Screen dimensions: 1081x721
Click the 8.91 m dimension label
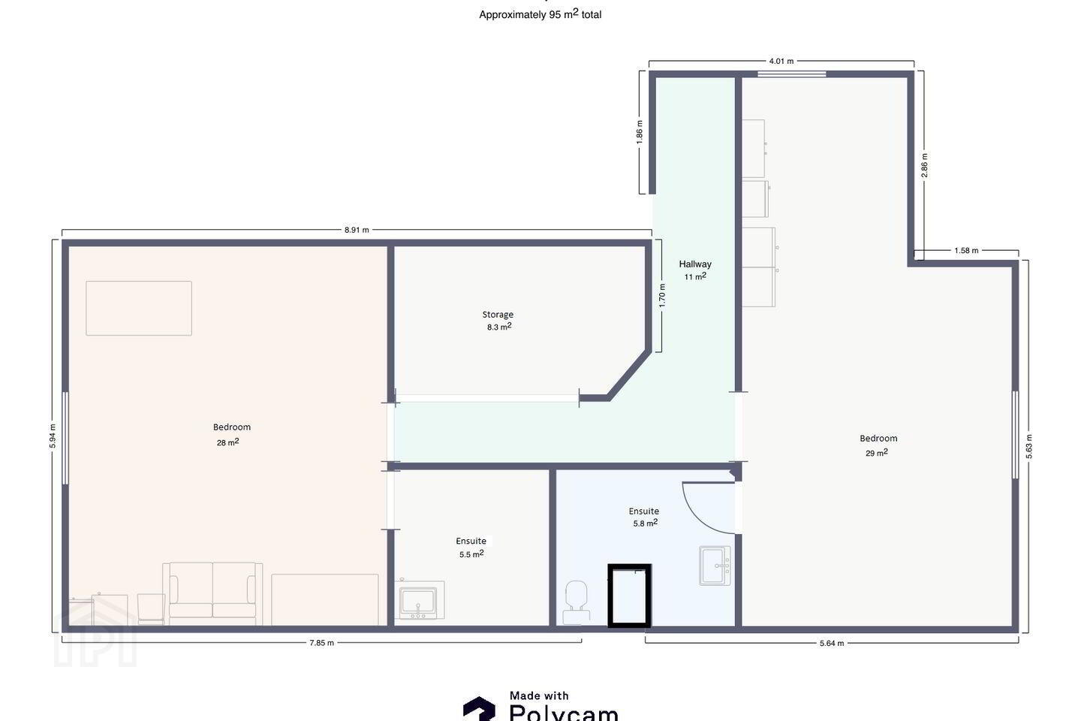357,230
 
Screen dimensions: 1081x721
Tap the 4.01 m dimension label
781,62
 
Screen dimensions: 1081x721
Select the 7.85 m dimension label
322,643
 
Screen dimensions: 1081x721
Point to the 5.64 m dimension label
832,643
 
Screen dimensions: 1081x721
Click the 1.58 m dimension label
966,251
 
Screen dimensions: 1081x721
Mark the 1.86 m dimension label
640,132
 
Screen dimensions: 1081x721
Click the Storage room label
498,315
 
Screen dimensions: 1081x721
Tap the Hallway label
695,264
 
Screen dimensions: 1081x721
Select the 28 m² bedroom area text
227,442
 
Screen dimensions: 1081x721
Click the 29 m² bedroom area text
876,453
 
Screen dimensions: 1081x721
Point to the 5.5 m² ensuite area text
471,554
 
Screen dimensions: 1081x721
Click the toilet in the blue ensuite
577,602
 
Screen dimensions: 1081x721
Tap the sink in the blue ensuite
715,566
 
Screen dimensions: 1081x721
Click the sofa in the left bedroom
212,593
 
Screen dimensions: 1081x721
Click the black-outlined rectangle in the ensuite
629,566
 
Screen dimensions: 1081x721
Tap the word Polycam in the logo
564,713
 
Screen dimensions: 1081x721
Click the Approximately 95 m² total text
540,14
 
